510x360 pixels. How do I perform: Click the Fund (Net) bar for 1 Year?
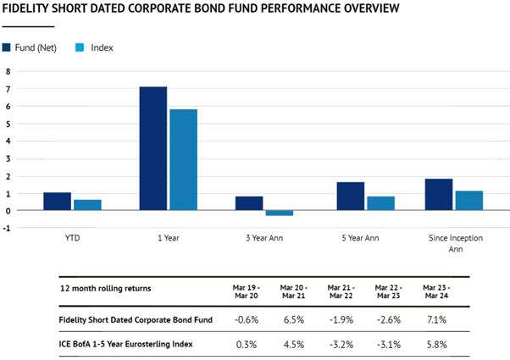pos(153,148)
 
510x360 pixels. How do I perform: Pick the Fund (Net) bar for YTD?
pos(57,202)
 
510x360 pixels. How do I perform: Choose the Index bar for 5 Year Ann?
pos(380,203)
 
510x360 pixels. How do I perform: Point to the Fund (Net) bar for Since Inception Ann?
pos(439,195)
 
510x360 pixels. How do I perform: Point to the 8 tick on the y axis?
pos(8,72)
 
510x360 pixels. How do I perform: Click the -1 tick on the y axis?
pos(8,228)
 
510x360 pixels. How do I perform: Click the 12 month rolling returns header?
pos(107,288)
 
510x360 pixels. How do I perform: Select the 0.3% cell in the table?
pos(249,343)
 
